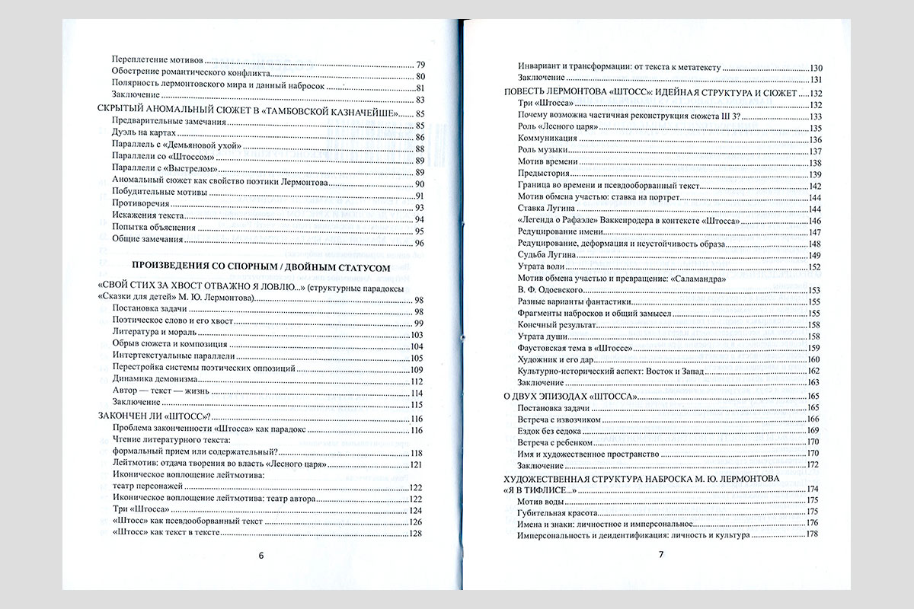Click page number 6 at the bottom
click(x=261, y=555)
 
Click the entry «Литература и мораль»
click(x=155, y=335)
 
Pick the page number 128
click(x=416, y=533)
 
